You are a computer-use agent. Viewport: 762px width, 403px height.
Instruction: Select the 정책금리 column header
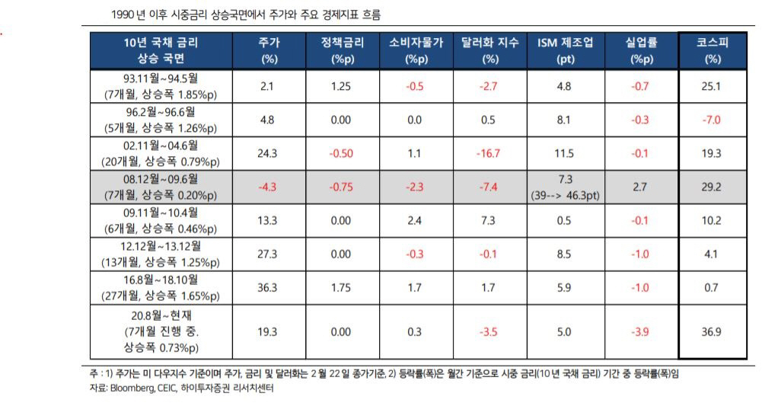coord(342,51)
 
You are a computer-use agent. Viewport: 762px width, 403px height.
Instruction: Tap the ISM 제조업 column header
coord(565,51)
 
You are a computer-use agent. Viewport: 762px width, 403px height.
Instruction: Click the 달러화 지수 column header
coord(489,51)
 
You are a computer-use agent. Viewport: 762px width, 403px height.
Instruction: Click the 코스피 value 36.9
coord(711,331)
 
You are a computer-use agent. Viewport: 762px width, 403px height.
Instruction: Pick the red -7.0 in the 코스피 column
coord(711,120)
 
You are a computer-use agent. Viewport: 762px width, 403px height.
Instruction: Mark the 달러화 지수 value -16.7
coord(489,153)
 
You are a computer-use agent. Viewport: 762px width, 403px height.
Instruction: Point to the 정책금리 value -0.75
coord(342,187)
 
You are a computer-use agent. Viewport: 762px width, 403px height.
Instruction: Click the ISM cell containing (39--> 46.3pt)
coord(565,195)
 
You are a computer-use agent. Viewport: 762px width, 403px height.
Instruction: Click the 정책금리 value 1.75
coord(342,287)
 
